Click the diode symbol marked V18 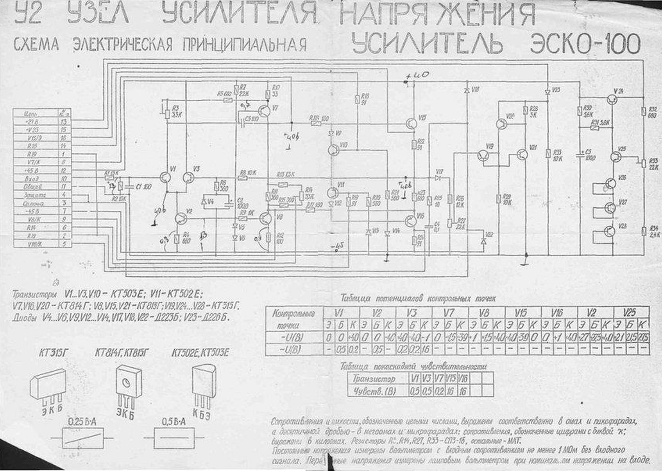tap(467, 90)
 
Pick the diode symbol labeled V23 tap(547, 92)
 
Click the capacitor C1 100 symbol tap(130, 187)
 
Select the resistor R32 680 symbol tap(643, 111)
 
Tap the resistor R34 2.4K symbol tap(643, 231)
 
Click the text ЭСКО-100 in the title tap(585, 43)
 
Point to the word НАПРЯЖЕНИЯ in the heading tap(437, 13)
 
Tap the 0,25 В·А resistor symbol tap(82, 436)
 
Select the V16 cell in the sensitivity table tap(463, 378)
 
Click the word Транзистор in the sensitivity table tap(374, 379)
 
